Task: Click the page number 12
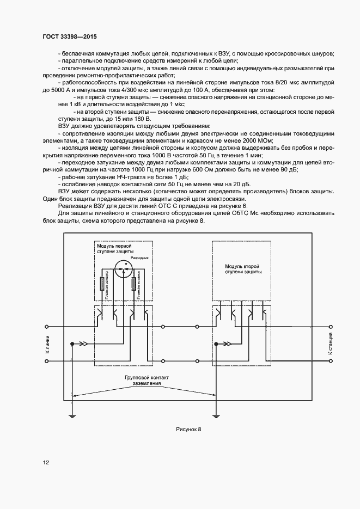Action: pyautogui.click(x=46, y=463)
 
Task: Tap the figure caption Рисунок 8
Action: pyautogui.click(x=188, y=430)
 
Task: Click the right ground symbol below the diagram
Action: pyautogui.click(x=216, y=417)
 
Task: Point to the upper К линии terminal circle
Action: pyautogui.click(x=47, y=327)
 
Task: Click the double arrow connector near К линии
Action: pyautogui.click(x=82, y=344)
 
